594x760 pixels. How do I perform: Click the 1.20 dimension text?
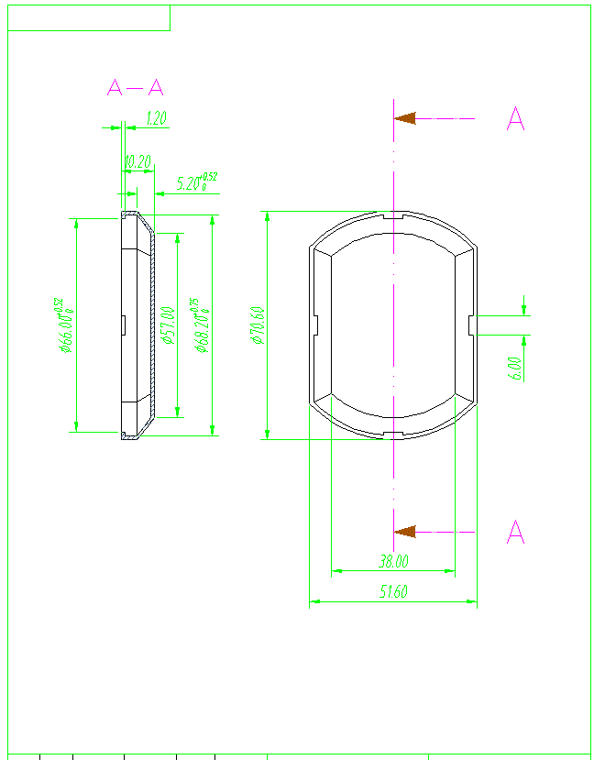coord(157,118)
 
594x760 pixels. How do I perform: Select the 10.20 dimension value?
coord(137,161)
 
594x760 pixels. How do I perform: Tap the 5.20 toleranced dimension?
coord(195,182)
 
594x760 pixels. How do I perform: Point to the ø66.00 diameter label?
coord(63,325)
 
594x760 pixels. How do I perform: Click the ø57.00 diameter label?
coord(167,325)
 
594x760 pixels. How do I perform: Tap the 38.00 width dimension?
coord(393,561)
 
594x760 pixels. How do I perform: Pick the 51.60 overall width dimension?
coord(393,592)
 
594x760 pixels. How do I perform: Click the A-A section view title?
coord(135,88)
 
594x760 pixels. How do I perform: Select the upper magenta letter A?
coord(516,119)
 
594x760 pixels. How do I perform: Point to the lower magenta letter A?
coord(516,532)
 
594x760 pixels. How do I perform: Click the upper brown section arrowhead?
coord(405,118)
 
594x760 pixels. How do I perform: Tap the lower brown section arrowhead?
coord(405,532)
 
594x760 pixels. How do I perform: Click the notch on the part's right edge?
coord(472,325)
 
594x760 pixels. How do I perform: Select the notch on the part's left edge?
coord(314,325)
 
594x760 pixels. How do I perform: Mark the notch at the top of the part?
coord(393,216)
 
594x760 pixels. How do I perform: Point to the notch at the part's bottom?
coord(393,434)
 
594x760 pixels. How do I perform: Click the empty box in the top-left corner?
coord(89,17)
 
